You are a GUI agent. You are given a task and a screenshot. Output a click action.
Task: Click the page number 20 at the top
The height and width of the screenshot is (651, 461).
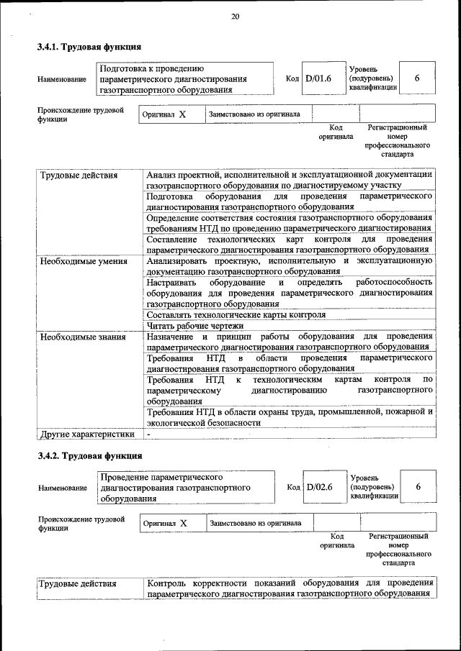click(235, 17)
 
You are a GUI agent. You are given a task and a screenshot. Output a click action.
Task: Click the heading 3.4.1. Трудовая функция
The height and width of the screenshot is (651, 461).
click(89, 47)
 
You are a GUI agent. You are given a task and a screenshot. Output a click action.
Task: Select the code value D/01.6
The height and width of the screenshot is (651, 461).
click(318, 78)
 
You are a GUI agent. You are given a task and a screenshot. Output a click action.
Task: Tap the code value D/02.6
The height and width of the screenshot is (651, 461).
click(319, 487)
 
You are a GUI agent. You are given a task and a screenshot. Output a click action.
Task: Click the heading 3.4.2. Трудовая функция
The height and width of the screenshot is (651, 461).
click(89, 456)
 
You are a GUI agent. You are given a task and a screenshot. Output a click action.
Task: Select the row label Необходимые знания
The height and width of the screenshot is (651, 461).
click(82, 336)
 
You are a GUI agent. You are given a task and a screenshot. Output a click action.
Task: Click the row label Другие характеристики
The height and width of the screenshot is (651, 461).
click(87, 434)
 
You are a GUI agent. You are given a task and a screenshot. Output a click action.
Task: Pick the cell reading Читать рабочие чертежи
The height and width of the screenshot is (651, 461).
click(194, 325)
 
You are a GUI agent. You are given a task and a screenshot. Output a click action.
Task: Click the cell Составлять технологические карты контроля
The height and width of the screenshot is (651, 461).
click(236, 314)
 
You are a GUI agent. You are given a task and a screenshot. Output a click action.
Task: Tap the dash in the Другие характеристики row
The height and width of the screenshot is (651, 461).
click(148, 434)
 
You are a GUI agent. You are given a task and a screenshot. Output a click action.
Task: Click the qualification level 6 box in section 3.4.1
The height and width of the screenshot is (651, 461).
click(417, 78)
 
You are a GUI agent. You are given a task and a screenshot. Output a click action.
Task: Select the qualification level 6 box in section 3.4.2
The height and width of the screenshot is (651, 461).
click(419, 487)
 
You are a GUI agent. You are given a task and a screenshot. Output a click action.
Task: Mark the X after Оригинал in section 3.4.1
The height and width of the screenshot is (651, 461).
click(182, 114)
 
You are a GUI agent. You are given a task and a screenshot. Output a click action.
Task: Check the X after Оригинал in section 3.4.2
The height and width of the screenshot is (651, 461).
click(184, 523)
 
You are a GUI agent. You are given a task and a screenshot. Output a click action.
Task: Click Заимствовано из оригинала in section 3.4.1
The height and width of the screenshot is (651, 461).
click(254, 114)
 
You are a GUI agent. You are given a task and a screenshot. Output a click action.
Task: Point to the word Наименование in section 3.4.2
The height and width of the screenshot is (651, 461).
click(62, 488)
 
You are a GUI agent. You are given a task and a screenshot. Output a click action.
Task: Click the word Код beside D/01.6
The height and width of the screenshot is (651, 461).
click(292, 78)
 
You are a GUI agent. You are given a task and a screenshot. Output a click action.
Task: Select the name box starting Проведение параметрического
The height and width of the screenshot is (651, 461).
click(186, 487)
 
